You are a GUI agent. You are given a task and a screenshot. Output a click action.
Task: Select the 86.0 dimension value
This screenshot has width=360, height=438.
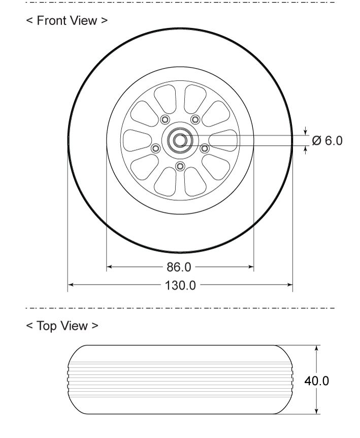click(x=179, y=267)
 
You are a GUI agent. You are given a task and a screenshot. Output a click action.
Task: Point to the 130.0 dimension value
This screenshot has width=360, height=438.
click(x=180, y=286)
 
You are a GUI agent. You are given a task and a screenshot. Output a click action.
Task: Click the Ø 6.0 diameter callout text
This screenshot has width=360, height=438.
click(x=327, y=141)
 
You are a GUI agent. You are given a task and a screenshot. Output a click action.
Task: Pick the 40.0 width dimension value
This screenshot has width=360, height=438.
click(x=317, y=381)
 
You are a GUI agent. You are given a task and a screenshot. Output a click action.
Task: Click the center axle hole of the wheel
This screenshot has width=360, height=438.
click(x=180, y=140)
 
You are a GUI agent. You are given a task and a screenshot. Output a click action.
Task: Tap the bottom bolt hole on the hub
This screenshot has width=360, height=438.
click(x=180, y=167)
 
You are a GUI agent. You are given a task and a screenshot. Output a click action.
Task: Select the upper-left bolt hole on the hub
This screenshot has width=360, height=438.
click(x=165, y=119)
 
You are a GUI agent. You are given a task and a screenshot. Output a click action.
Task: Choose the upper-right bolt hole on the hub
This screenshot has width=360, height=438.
click(x=195, y=119)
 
